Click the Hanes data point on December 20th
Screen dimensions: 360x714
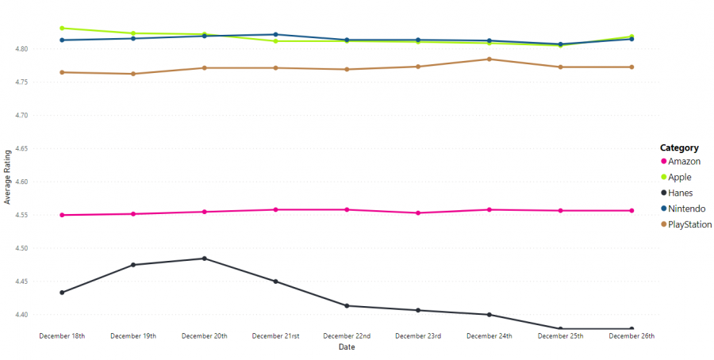pos(204,259)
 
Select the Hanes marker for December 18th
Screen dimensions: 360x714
pos(62,293)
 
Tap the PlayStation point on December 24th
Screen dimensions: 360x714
pos(489,59)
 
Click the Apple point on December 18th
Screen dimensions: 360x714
pos(62,28)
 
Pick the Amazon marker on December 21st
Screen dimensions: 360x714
pos(275,209)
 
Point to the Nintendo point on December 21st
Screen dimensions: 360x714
pos(275,35)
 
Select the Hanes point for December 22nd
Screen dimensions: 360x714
pos(347,306)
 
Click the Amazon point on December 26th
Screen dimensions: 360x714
pos(631,211)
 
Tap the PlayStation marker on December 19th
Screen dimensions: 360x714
pos(133,74)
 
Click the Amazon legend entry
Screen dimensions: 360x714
pos(684,162)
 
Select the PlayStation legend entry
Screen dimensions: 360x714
pos(689,224)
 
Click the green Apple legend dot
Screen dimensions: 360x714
pos(663,177)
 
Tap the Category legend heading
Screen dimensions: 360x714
pos(679,147)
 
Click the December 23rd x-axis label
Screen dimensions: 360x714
pos(418,336)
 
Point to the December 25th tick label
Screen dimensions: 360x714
pos(560,336)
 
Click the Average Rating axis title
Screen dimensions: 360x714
pos(7,181)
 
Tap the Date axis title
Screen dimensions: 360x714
pos(347,347)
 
